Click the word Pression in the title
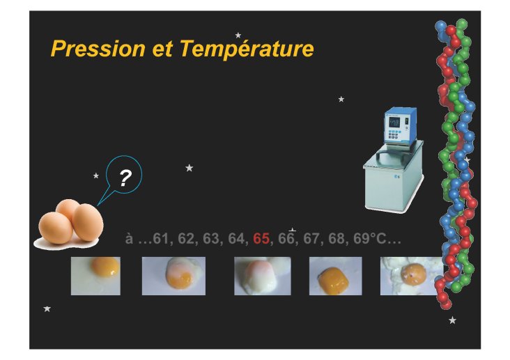click(x=98, y=49)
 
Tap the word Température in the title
click(x=247, y=49)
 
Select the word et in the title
click(x=162, y=49)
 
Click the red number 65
click(x=261, y=239)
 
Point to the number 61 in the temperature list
click(x=161, y=239)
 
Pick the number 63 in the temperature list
click(x=211, y=239)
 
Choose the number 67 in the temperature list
click(x=311, y=239)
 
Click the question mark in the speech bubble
click(x=125, y=178)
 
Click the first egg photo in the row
click(x=95, y=276)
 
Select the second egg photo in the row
click(x=173, y=276)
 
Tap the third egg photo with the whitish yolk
click(x=263, y=276)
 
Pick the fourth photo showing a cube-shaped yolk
click(x=335, y=276)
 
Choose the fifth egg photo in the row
click(x=410, y=276)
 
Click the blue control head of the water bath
click(x=400, y=126)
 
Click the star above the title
click(x=238, y=35)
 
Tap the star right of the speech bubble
click(x=190, y=168)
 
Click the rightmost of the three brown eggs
click(x=88, y=222)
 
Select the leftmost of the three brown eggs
click(x=56, y=228)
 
